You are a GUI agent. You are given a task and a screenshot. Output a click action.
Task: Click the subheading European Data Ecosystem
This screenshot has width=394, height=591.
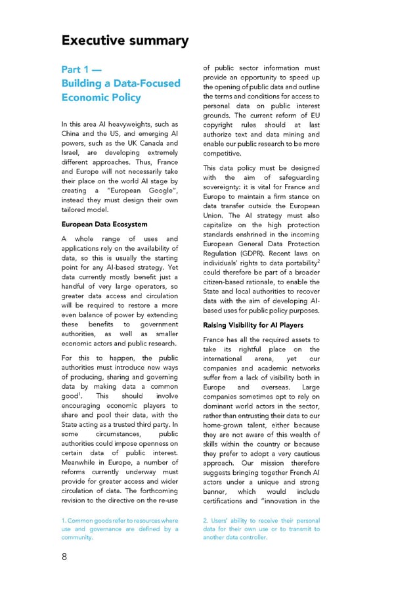coord(104,225)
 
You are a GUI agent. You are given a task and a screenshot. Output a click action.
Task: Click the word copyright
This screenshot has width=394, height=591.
coord(221,125)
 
